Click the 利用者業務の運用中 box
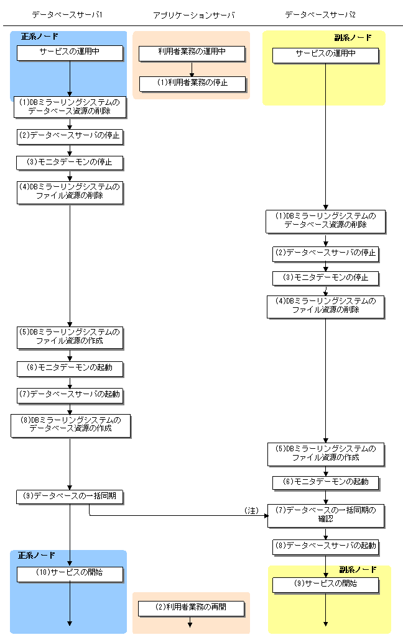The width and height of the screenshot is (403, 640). click(x=191, y=53)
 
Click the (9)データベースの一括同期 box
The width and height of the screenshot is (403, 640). click(x=70, y=497)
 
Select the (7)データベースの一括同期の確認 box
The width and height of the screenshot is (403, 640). click(x=326, y=515)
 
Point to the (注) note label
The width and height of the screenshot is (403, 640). click(x=251, y=510)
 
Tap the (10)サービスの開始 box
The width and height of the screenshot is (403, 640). click(x=69, y=573)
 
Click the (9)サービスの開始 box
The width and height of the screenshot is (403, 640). click(x=326, y=584)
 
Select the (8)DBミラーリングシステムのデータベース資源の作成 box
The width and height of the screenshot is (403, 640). click(x=70, y=425)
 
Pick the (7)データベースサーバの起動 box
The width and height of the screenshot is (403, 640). click(x=70, y=394)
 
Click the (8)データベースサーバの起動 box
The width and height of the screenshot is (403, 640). click(x=326, y=546)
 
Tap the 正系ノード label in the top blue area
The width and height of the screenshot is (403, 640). click(x=40, y=37)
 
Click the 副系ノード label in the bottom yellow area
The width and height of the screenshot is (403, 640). click(x=358, y=569)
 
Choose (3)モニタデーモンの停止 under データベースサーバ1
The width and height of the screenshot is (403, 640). click(x=70, y=163)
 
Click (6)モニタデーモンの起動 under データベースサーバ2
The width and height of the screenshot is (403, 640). click(x=326, y=482)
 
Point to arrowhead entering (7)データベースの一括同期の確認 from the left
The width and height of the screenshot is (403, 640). click(x=265, y=515)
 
